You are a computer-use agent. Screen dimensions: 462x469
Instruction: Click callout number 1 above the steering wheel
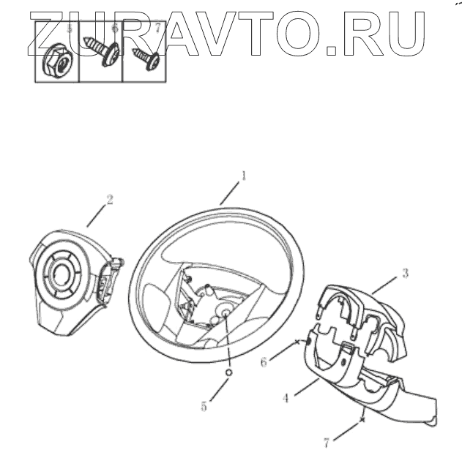click(x=245, y=176)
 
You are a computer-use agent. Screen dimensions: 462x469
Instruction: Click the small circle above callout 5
click(x=228, y=372)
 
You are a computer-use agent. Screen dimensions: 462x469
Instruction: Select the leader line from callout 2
click(x=96, y=214)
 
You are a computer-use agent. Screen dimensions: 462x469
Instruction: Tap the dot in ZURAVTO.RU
click(x=332, y=52)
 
